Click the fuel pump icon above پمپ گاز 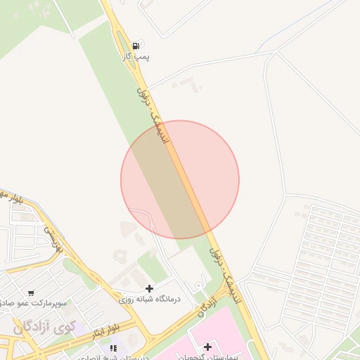pyautogui.click(x=136, y=45)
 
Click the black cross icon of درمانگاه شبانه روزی pyautogui.click(x=149, y=288)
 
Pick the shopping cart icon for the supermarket pyautogui.click(x=30, y=292)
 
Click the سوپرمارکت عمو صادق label pyautogui.click(x=35, y=303)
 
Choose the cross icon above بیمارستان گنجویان pyautogui.click(x=207, y=347)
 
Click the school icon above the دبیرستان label pyautogui.click(x=113, y=348)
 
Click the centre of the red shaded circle pyautogui.click(x=180, y=180)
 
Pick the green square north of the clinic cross pyautogui.click(x=150, y=264)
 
